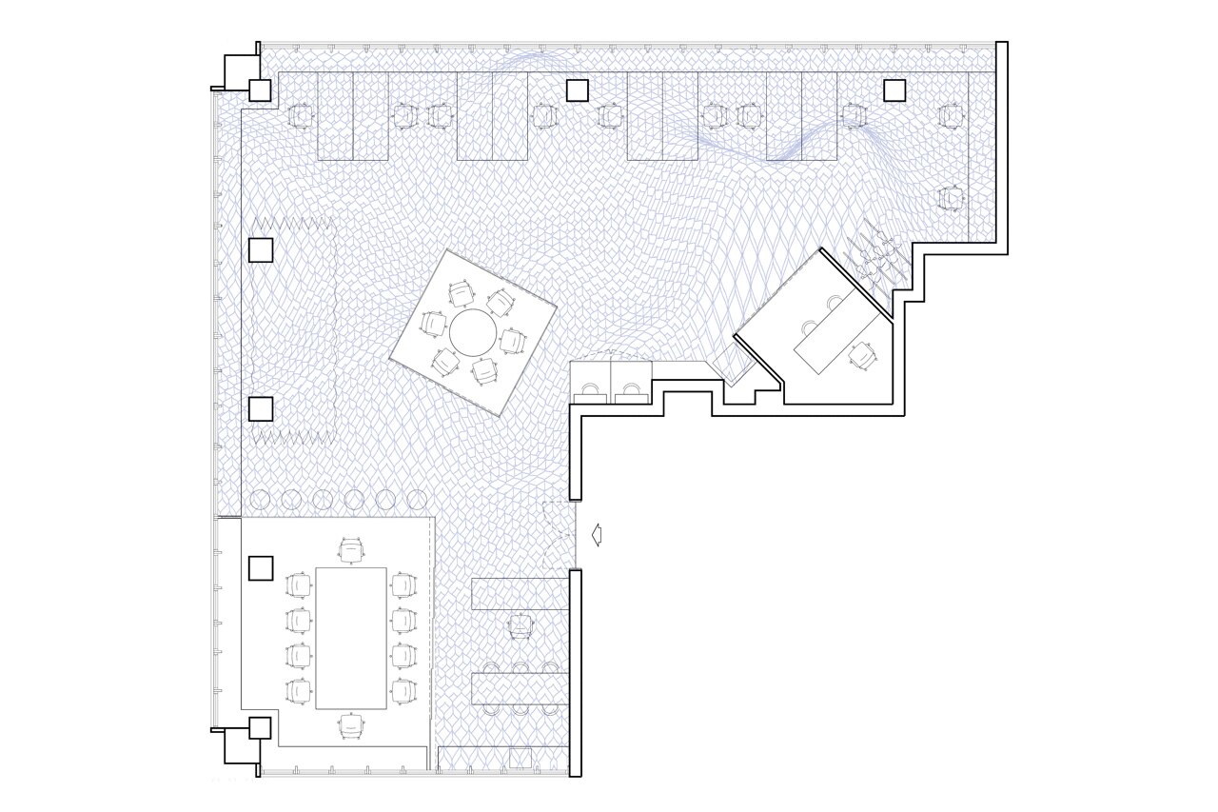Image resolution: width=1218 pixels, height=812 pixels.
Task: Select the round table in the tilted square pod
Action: (472, 332)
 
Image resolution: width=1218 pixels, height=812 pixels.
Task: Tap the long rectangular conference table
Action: (351, 638)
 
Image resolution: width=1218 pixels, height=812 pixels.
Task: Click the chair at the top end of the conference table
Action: (351, 550)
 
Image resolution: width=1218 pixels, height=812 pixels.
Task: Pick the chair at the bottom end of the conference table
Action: (351, 726)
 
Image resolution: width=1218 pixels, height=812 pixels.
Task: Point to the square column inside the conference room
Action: (261, 568)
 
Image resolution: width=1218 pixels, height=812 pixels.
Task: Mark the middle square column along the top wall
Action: (577, 90)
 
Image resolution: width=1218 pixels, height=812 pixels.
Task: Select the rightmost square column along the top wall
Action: (894, 90)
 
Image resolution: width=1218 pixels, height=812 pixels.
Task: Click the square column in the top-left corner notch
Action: (260, 90)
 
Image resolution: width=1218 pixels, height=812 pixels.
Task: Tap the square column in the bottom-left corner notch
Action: (260, 728)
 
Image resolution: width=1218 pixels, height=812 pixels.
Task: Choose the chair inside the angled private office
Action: (864, 355)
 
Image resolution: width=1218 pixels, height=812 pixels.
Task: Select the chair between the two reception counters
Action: (520, 626)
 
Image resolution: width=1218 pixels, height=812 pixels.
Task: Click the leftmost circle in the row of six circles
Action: (262, 499)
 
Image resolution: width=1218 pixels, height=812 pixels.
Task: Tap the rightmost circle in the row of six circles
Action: (417, 499)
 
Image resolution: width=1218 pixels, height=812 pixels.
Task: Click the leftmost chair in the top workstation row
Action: (301, 116)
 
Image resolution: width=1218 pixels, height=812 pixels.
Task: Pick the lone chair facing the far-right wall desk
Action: (951, 199)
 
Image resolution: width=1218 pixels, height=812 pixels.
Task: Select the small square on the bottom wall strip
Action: (520, 759)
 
